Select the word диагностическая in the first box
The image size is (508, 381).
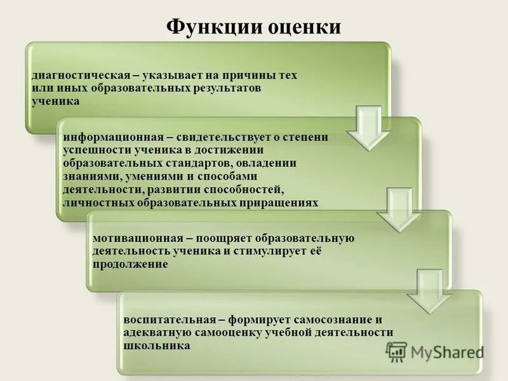point(76,75)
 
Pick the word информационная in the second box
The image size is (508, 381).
point(109,138)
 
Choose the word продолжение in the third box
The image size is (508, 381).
point(130,264)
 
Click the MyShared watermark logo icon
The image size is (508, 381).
point(396,352)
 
